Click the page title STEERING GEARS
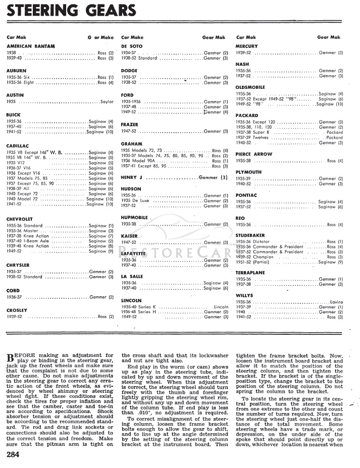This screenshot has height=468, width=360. coord(72,10)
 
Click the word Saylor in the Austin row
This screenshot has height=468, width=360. coord(107,101)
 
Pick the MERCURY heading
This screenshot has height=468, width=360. coord(246,46)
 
